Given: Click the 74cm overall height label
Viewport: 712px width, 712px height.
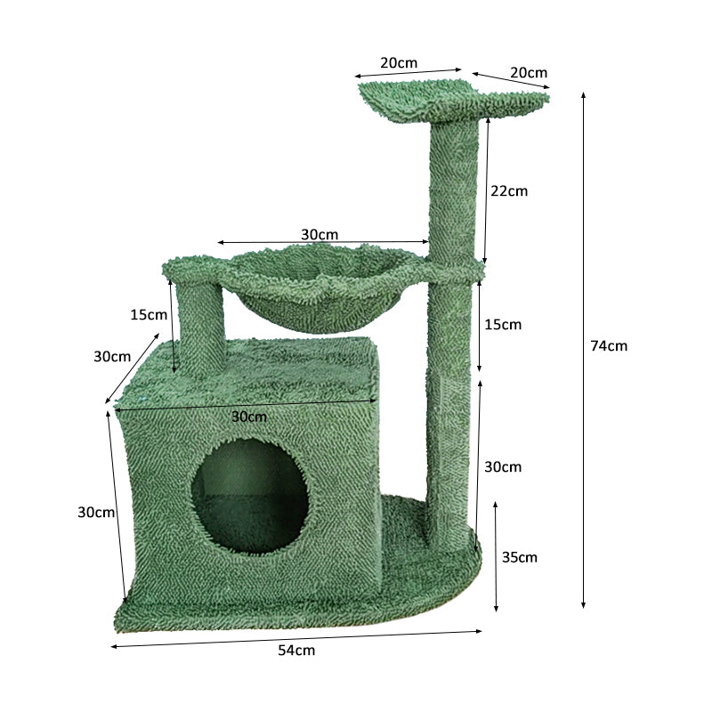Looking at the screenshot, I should tap(609, 346).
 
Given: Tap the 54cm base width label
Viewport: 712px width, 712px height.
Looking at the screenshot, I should tap(296, 651).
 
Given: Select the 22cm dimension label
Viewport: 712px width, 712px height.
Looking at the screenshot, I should tap(509, 190).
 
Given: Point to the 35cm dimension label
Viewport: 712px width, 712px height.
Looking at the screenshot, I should tap(520, 557).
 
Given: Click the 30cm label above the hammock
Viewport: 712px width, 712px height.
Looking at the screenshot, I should tap(319, 234).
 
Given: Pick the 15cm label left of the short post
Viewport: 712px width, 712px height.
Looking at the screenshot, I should tap(148, 314).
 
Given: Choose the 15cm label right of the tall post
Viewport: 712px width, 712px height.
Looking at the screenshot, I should tap(503, 324).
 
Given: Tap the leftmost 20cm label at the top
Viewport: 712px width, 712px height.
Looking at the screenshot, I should tap(399, 63).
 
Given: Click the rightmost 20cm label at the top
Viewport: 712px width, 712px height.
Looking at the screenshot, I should tap(529, 72).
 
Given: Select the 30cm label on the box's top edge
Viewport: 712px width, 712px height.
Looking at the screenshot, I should tap(249, 417).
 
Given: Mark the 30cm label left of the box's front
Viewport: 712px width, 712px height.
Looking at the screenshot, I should tap(96, 512).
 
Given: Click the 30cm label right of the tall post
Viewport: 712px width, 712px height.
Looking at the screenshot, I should tap(503, 466).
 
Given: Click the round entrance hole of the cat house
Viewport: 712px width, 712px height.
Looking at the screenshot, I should tap(250, 496).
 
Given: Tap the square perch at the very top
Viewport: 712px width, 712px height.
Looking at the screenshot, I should tap(454, 100).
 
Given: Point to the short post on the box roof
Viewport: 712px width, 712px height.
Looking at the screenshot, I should tap(198, 329).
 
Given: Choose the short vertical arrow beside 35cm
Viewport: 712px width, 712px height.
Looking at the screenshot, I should tap(497, 556).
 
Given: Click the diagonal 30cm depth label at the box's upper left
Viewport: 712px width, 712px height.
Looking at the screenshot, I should tap(112, 356).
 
